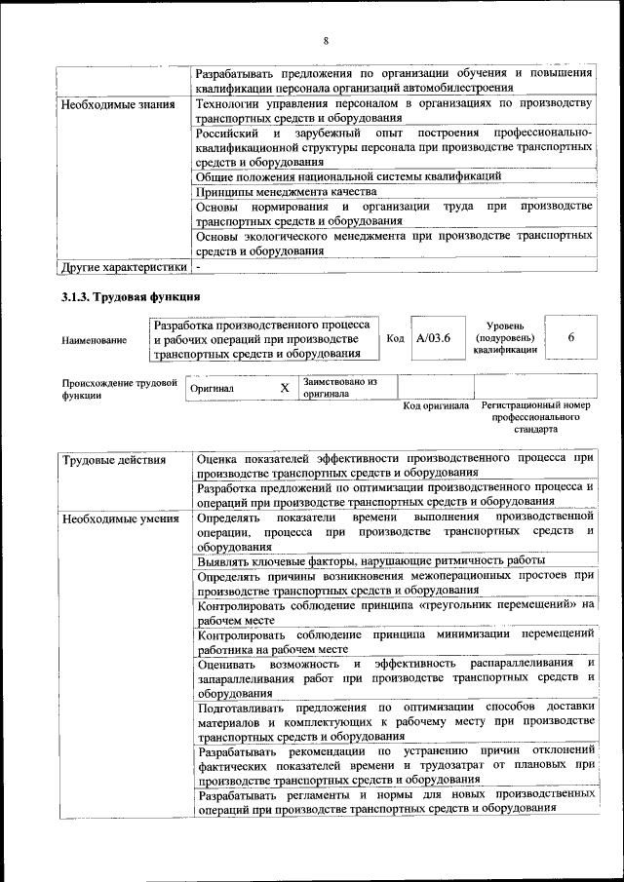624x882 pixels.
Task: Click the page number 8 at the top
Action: click(327, 40)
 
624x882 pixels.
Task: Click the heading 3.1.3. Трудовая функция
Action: click(131, 296)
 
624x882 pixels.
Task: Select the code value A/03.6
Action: click(433, 338)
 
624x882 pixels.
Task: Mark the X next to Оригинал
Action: click(285, 388)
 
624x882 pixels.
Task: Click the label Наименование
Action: click(94, 340)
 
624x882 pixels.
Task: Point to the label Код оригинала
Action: click(436, 405)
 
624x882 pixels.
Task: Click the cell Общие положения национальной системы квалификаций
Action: click(349, 176)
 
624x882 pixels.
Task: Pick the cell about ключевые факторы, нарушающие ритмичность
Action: click(370, 561)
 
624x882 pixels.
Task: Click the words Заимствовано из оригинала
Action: click(339, 388)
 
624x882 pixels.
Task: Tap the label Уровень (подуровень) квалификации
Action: click(506, 337)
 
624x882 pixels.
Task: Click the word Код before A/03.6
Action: click(395, 338)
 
